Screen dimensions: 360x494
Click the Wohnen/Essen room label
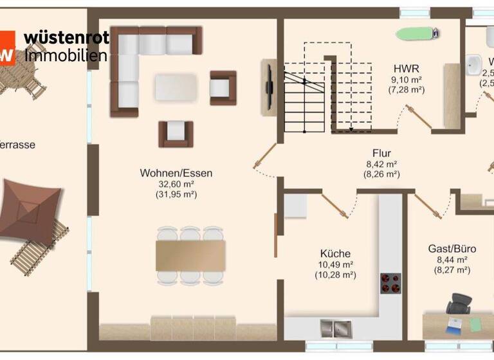tap(176, 173)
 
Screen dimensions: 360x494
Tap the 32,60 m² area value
tap(176, 184)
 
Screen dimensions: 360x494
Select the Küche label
tap(335, 253)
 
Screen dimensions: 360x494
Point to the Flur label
tap(381, 153)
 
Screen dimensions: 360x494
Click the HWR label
tap(407, 69)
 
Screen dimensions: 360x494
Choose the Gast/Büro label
tap(449, 248)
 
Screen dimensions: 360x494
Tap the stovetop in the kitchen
tap(390, 282)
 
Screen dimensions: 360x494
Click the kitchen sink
tap(335, 328)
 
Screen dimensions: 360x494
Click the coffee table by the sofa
tap(176, 87)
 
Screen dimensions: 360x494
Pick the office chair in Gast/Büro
tap(459, 303)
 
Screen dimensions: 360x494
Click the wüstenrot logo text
tap(66, 38)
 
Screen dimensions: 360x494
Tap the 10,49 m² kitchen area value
tap(335, 264)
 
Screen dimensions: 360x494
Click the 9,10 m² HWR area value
tap(407, 80)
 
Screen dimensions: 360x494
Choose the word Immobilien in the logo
tap(65, 55)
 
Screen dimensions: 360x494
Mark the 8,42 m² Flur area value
tap(381, 164)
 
